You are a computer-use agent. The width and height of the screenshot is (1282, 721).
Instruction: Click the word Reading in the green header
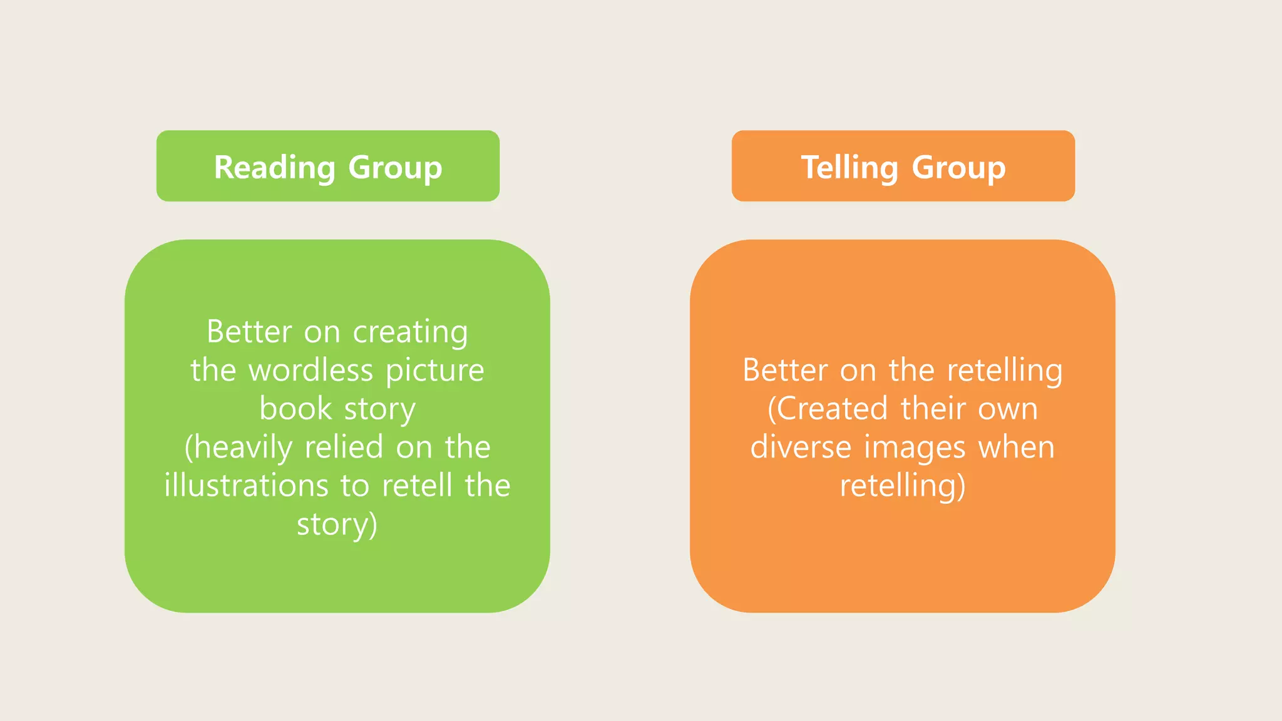tap(275, 168)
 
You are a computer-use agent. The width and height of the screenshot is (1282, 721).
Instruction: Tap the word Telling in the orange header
tap(849, 168)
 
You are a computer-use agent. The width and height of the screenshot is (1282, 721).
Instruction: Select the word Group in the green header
tap(395, 168)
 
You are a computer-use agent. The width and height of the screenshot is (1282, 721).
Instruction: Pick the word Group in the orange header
tap(958, 168)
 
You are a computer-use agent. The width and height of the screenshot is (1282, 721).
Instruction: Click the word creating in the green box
tap(410, 332)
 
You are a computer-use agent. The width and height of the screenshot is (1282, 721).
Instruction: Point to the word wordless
tap(310, 371)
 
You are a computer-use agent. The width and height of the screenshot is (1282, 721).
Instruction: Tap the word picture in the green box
tap(434, 371)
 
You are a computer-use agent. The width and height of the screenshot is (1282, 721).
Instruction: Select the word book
tap(295, 409)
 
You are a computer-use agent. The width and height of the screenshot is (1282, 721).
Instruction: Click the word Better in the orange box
tap(785, 371)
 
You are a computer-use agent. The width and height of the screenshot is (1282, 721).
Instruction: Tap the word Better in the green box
tap(249, 332)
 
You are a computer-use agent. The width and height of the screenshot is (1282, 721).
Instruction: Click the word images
tap(915, 447)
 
